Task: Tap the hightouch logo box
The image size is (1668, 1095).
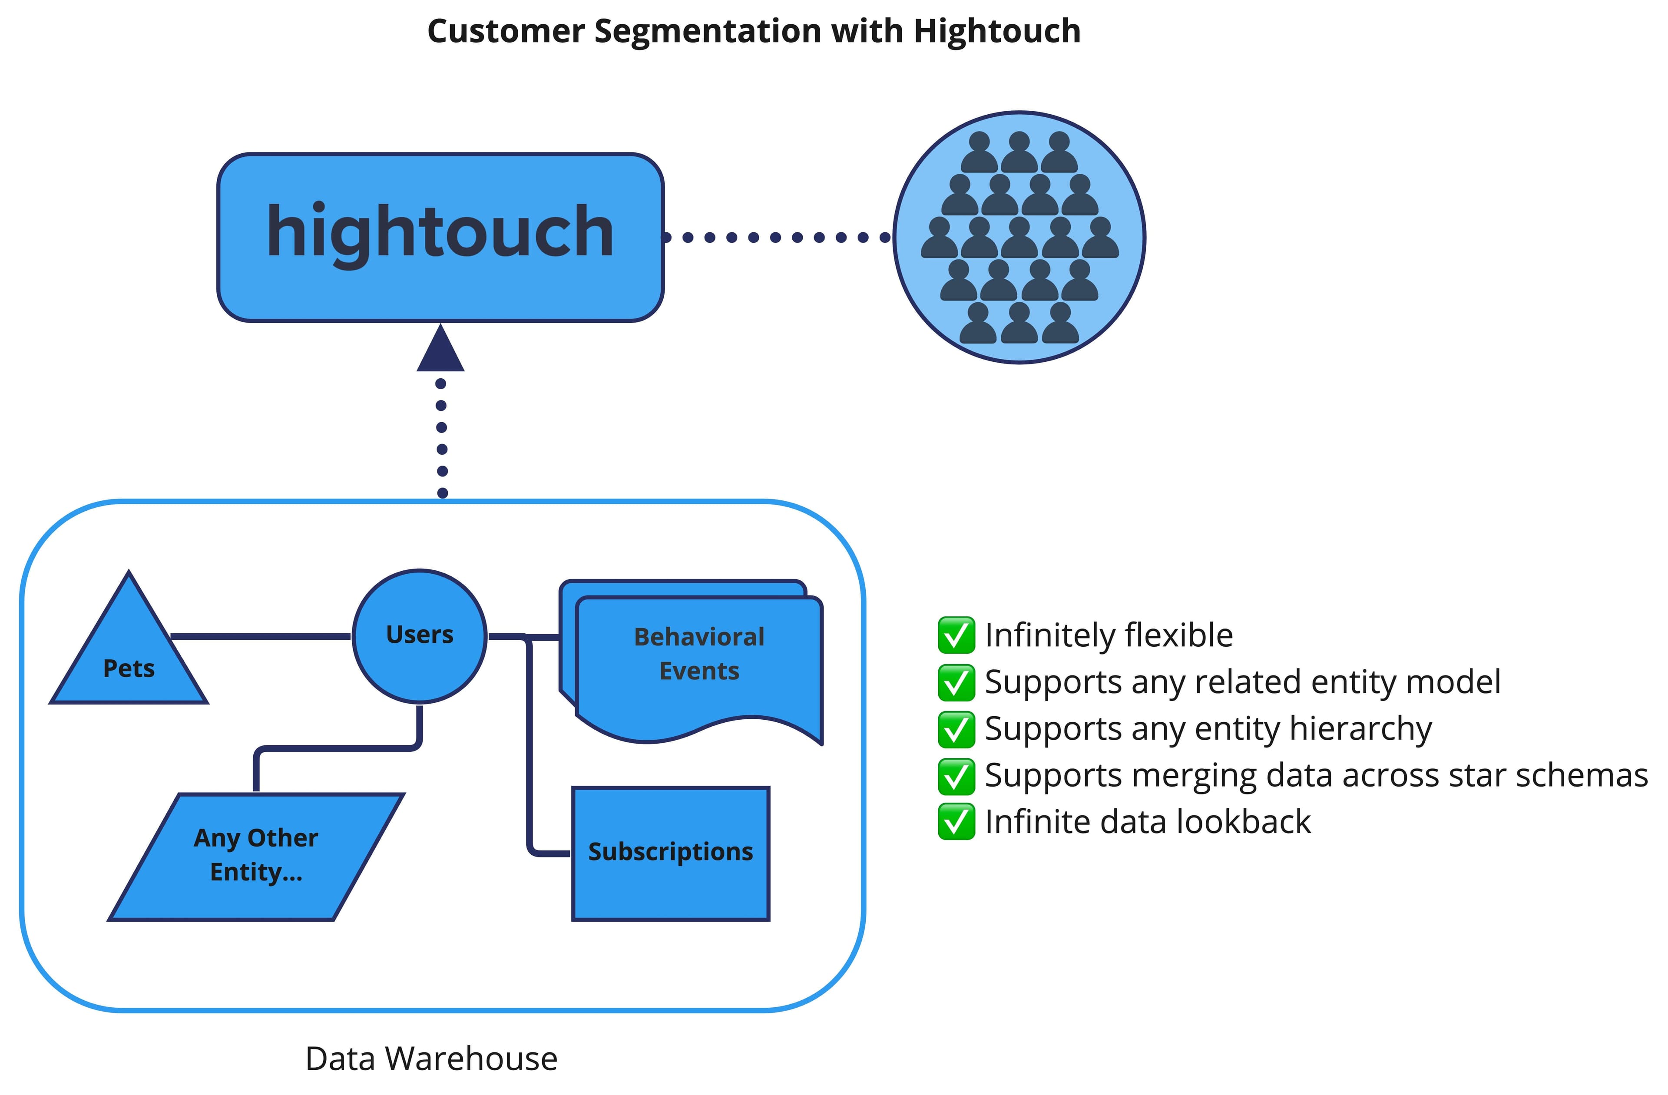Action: [440, 238]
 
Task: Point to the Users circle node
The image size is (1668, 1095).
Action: [419, 636]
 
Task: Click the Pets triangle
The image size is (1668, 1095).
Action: [129, 659]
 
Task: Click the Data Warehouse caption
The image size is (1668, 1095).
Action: [431, 1059]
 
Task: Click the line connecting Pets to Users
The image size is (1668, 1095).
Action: [261, 636]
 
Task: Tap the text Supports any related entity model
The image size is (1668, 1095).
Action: [1242, 682]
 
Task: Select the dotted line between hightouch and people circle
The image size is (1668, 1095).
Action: [776, 238]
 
